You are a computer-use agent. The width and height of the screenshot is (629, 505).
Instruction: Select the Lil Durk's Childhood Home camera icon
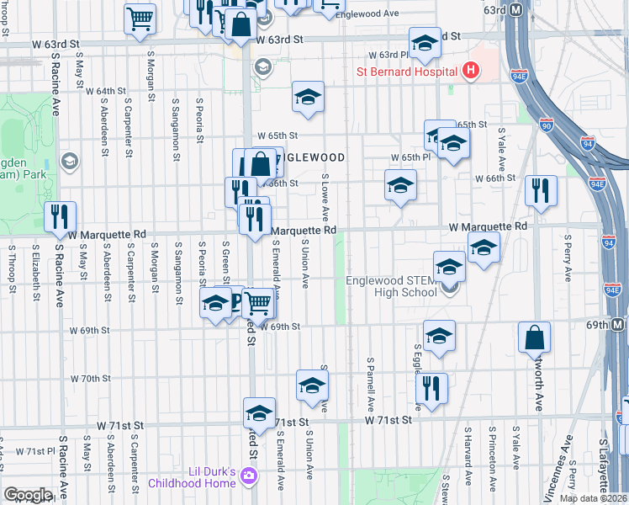pyautogui.click(x=248, y=477)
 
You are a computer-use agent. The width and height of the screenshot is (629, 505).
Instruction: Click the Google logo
pyautogui.click(x=28, y=495)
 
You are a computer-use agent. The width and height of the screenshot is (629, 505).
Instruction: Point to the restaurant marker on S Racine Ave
pyautogui.click(x=60, y=217)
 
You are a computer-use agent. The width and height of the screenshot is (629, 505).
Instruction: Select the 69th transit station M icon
pyautogui.click(x=618, y=325)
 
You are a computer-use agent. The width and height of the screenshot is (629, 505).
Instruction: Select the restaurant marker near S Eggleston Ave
pyautogui.click(x=431, y=389)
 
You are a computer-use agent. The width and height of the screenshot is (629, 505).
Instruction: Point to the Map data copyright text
pyautogui.click(x=594, y=498)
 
